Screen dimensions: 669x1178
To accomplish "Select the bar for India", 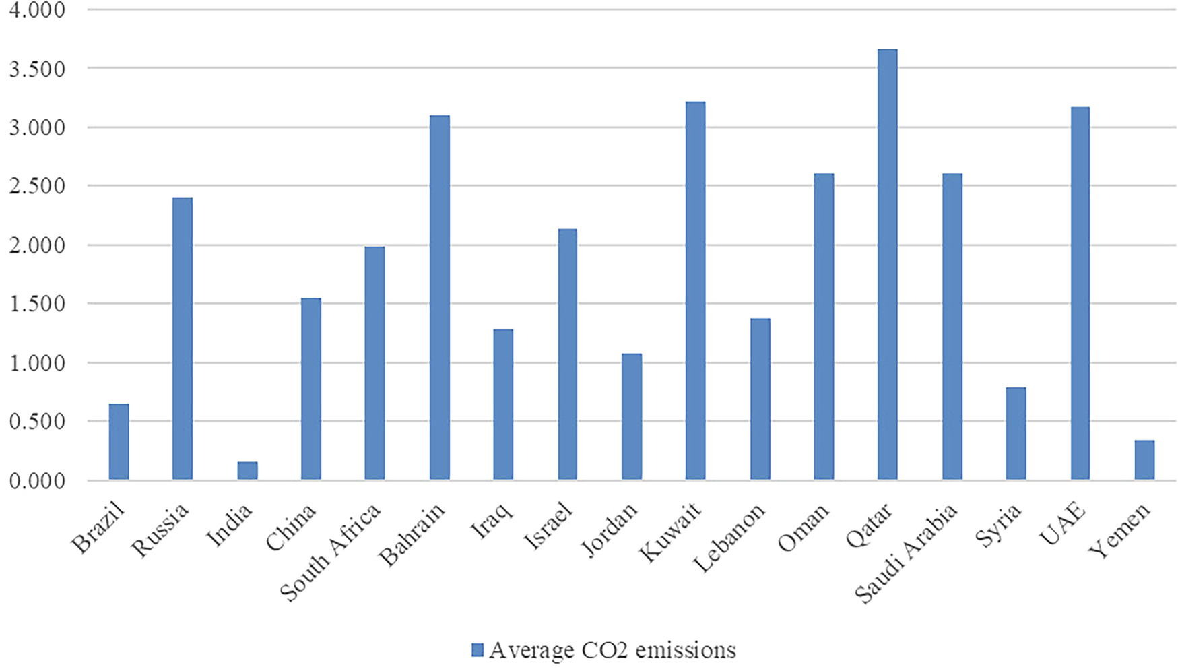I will tap(247, 471).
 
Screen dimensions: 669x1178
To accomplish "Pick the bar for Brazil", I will tap(119, 442).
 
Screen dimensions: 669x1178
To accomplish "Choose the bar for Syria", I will tap(1016, 434).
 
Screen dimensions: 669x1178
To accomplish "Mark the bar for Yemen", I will tap(1144, 460).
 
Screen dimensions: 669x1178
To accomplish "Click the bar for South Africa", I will tap(374, 363).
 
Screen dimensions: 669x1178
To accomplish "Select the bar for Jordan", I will tap(631, 417).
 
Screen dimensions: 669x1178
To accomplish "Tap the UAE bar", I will tap(1080, 294).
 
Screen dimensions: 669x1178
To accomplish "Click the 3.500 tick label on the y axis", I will tap(38, 69).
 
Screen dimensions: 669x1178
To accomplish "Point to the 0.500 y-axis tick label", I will tap(38, 422).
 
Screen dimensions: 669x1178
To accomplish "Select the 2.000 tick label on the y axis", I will tap(38, 245).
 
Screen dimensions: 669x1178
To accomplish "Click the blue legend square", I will tap(478, 649).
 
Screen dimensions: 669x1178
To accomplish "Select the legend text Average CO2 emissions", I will tap(612, 649).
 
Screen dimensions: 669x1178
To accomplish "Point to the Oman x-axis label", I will tap(804, 529).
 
